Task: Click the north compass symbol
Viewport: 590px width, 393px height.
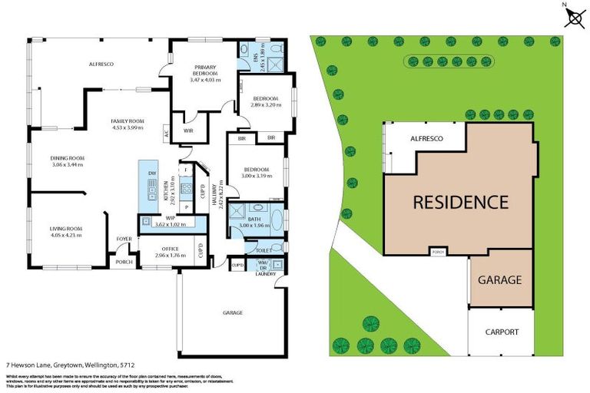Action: (573, 16)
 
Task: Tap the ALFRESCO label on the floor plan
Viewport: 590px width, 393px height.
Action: (101, 64)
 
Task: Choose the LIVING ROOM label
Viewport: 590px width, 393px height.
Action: (66, 230)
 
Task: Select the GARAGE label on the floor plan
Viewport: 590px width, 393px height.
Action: (233, 313)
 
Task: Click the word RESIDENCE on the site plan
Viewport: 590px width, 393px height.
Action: (460, 203)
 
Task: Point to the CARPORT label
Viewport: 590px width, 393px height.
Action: (501, 332)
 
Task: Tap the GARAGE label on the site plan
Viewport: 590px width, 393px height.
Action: (501, 280)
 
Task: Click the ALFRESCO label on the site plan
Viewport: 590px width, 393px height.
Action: (426, 139)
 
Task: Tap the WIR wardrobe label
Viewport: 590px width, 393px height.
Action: (188, 131)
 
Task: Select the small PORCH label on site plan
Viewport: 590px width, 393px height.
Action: (439, 252)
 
